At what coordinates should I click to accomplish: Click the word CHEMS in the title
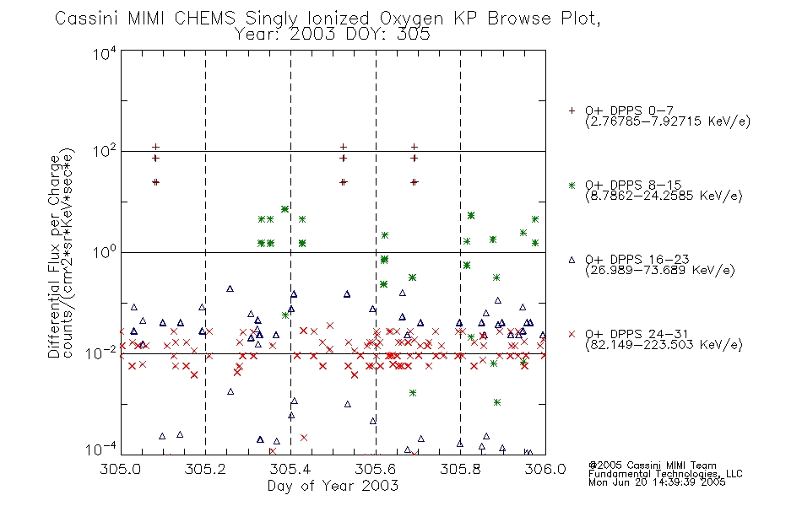click(204, 19)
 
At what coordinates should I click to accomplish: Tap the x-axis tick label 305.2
click(205, 469)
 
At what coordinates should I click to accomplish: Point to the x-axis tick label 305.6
click(376, 469)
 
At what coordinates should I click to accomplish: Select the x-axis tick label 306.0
click(545, 469)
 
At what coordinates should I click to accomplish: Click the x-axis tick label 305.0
click(120, 469)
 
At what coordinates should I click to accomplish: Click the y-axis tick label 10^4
click(105, 53)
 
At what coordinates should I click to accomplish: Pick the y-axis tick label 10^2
click(105, 151)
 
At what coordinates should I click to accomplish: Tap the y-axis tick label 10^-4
click(101, 449)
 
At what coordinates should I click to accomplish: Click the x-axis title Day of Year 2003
click(333, 486)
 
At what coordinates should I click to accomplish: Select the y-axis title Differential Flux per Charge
click(55, 256)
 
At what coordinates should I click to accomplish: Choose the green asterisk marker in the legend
click(572, 185)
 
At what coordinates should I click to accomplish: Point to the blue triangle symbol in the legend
click(572, 260)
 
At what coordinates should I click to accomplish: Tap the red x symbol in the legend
click(572, 334)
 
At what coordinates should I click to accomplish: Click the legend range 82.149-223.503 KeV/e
click(664, 344)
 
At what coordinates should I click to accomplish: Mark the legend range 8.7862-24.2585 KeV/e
click(664, 196)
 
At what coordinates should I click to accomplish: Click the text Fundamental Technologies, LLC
click(665, 474)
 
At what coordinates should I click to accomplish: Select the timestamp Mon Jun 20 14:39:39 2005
click(657, 482)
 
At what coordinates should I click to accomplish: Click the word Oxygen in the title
click(411, 19)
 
